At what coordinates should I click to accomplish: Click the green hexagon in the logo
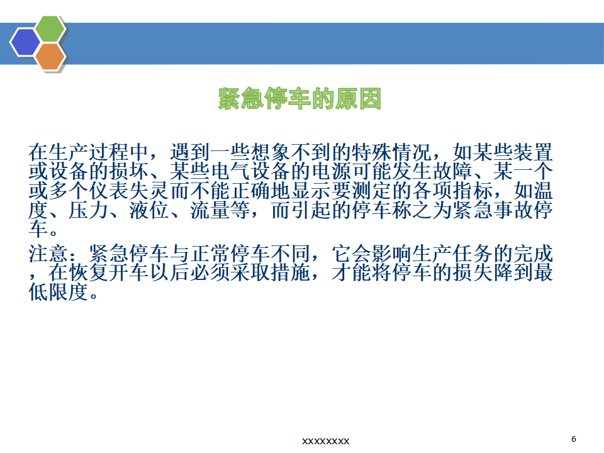tap(50, 28)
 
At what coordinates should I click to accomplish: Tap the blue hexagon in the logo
tap(25, 42)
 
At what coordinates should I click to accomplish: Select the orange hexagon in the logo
tap(50, 56)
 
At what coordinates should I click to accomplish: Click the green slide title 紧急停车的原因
tap(299, 99)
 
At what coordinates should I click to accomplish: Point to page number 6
tap(574, 439)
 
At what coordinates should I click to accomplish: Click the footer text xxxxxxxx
tap(325, 441)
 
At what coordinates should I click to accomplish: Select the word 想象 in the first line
tap(271, 152)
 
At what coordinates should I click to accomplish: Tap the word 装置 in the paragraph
tap(534, 152)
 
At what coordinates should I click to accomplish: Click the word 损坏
tap(129, 171)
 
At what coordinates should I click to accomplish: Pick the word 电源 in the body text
tap(331, 171)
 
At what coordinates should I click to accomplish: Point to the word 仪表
tap(109, 191)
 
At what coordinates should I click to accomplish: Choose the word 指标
tap(473, 191)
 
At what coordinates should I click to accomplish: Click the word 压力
tap(89, 210)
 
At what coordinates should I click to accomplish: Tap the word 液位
tap(150, 210)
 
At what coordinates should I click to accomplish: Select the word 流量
tap(210, 210)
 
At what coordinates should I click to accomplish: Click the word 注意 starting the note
tap(48, 254)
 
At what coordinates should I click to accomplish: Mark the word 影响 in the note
tap(392, 254)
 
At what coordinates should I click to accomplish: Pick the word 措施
tap(291, 272)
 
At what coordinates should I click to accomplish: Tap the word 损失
tap(473, 272)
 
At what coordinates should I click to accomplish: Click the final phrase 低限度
tap(59, 292)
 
